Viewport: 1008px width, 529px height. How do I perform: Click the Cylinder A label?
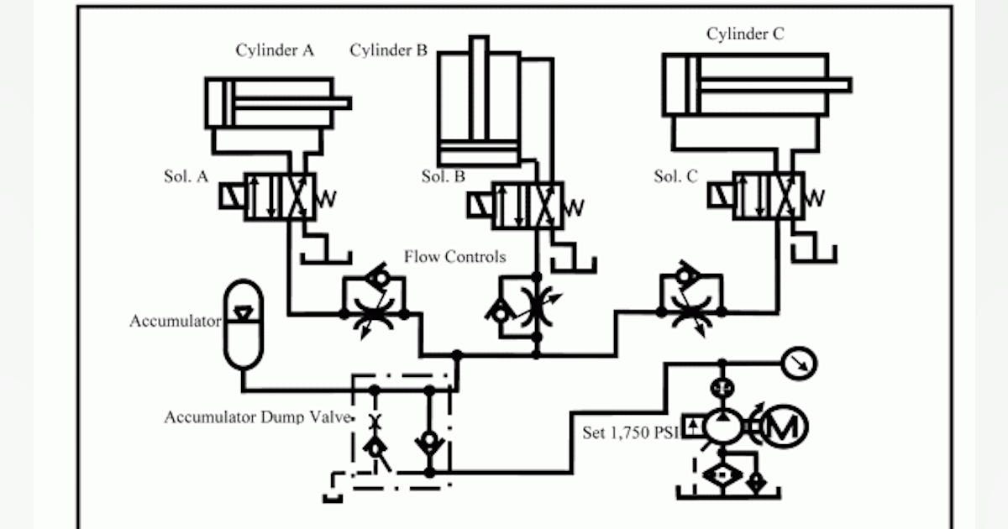point(275,50)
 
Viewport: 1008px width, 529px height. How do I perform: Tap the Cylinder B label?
point(388,50)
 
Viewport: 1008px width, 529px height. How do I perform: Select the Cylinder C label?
point(745,34)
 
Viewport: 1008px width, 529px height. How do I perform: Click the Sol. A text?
point(186,177)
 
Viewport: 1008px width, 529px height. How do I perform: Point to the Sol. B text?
point(443,177)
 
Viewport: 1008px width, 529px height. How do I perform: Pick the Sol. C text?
point(675,177)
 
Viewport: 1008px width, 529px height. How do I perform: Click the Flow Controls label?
point(455,256)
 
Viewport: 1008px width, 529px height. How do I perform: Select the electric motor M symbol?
point(785,427)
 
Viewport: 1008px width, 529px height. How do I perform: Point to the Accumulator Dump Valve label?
point(256,417)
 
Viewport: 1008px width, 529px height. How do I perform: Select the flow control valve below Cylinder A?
point(374,305)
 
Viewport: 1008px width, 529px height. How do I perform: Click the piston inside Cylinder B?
point(480,153)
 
